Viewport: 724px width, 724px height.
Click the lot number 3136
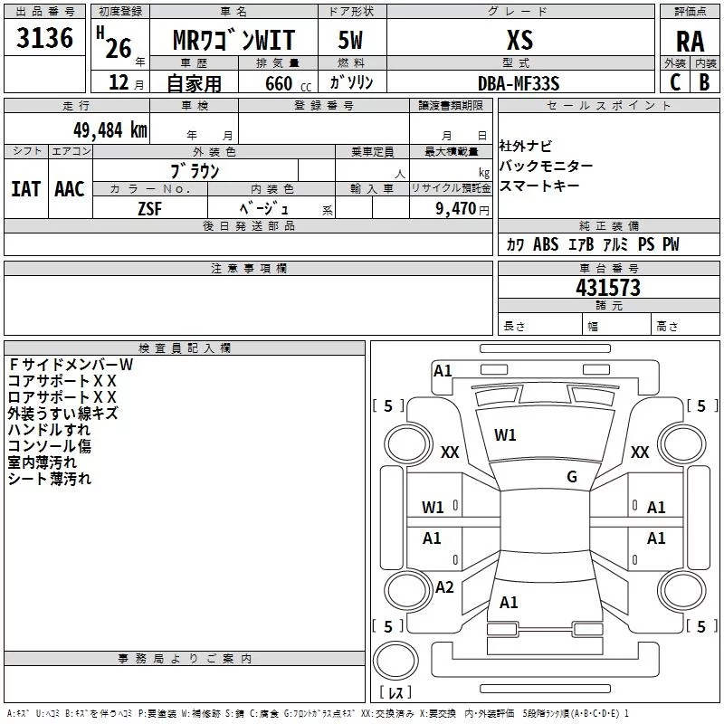pos(45,39)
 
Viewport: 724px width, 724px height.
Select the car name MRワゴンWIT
pos(233,41)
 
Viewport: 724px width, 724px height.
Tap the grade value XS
pos(519,41)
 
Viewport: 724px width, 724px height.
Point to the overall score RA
pos(690,41)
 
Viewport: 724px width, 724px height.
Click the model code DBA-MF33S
pos(519,83)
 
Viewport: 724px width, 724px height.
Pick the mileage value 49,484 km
pos(94,129)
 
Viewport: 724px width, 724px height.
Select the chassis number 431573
pos(608,288)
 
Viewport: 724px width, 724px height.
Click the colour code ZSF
pos(149,207)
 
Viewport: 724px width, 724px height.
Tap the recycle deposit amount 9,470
pos(455,208)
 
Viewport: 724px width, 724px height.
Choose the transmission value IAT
pos(25,188)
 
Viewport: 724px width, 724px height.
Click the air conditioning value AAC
pos(69,188)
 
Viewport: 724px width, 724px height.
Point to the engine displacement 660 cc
pos(277,83)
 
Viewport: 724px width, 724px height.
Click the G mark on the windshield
pos(572,477)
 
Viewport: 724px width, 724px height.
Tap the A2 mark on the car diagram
pos(443,587)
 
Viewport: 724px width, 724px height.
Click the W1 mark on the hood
pos(505,435)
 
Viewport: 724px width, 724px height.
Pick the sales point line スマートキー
pos(539,186)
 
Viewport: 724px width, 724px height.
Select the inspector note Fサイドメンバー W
pos(71,365)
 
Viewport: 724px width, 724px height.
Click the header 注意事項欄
pos(249,269)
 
